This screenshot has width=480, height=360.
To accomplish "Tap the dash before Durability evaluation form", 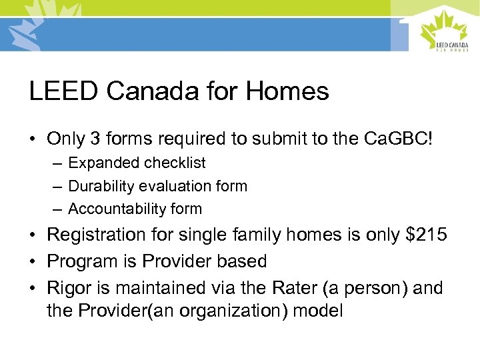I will (58, 186).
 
